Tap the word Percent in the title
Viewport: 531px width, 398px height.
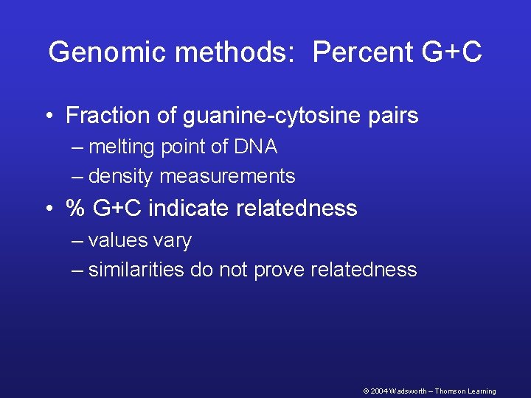[359, 52]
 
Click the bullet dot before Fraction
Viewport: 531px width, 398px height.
[49, 116]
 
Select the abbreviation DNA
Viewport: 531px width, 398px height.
[256, 147]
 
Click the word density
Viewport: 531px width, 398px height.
[121, 177]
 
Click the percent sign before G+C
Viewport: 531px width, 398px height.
[75, 209]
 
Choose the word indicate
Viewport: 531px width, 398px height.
[185, 209]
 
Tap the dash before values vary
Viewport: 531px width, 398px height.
[78, 242]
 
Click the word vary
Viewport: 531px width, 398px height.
[174, 241]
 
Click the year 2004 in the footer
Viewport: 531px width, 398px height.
[378, 391]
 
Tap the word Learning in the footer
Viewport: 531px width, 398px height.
[480, 391]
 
